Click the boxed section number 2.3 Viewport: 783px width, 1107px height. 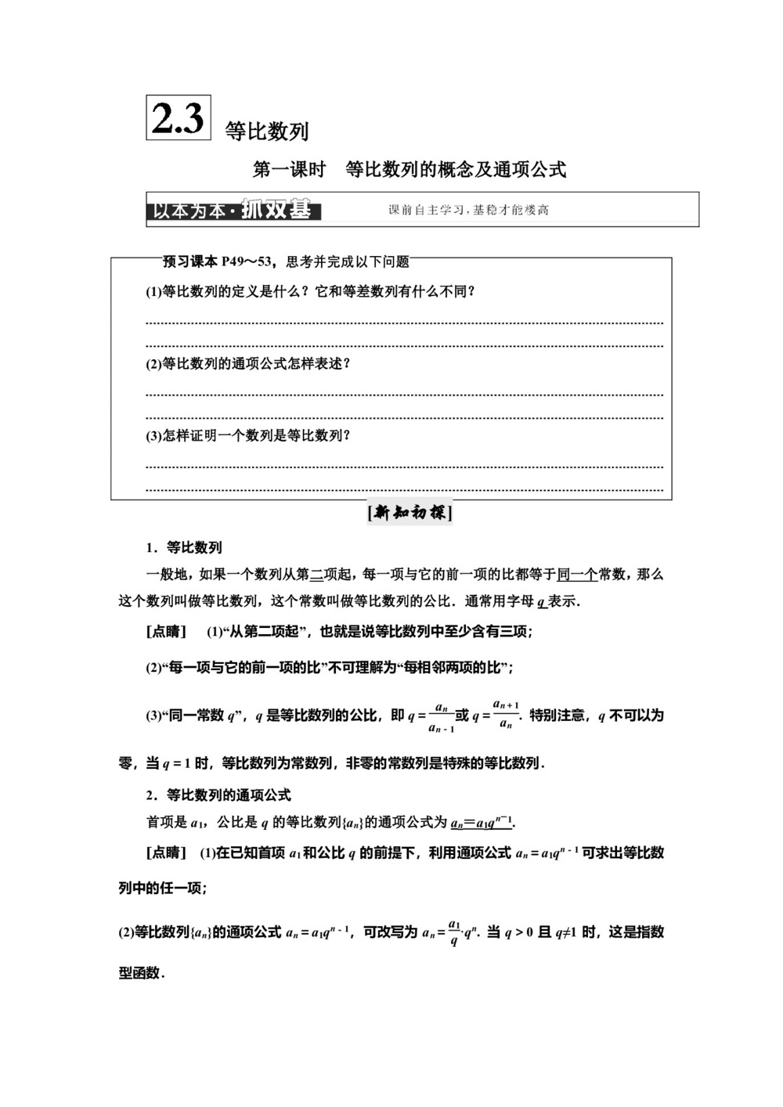click(179, 118)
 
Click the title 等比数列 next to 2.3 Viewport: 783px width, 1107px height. click(267, 131)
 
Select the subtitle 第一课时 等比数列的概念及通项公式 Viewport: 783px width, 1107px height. click(409, 169)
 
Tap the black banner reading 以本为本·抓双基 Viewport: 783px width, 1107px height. click(233, 211)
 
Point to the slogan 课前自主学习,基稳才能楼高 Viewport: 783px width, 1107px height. click(468, 210)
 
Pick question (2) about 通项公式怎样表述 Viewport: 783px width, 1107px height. click(248, 364)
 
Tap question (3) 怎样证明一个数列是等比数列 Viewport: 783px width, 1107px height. click(248, 436)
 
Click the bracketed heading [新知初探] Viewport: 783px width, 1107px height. click(410, 514)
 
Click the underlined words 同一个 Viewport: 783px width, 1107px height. click(577, 575)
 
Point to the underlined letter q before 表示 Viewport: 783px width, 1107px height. click(541, 602)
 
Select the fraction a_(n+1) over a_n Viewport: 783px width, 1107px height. click(506, 714)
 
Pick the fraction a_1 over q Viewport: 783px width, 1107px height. click(453, 932)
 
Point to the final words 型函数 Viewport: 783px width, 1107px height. click(139, 973)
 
